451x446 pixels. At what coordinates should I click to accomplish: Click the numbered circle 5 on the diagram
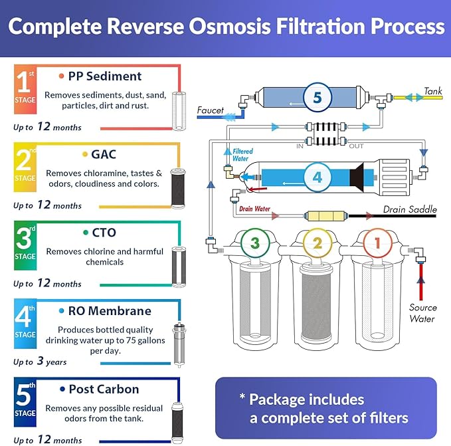coord(317,97)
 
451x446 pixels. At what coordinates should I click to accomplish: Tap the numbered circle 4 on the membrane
coord(317,177)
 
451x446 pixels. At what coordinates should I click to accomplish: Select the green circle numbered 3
coord(255,243)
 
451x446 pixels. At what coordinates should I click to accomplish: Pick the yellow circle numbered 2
coord(317,243)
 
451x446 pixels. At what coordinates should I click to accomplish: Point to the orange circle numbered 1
coord(377,243)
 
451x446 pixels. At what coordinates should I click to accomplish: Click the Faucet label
coord(211,110)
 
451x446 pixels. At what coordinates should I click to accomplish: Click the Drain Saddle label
coord(410,210)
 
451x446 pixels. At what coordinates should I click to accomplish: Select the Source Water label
coord(422,313)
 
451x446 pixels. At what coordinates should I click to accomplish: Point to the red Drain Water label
coord(255,210)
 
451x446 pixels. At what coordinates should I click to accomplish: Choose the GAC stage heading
coord(104,154)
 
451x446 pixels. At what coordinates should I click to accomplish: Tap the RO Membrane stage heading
coord(109,311)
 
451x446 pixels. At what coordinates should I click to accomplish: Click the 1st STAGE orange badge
coord(25,91)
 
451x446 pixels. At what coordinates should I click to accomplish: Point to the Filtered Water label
coord(243,156)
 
